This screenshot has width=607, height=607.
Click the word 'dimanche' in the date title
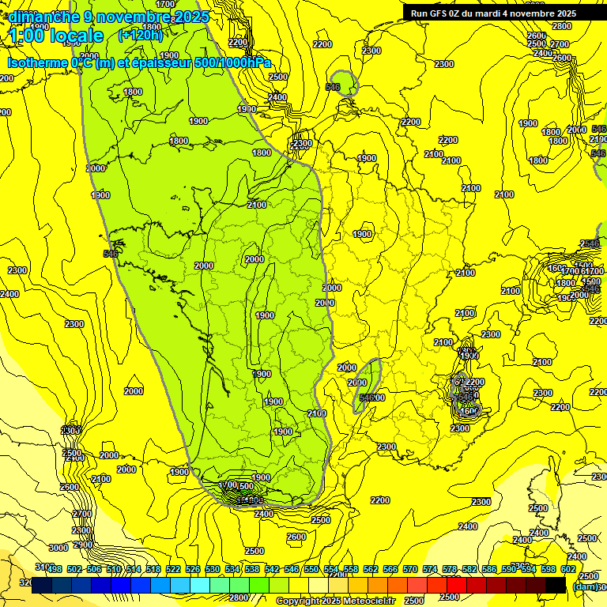43,17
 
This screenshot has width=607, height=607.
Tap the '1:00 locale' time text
56,36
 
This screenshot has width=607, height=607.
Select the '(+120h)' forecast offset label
140,35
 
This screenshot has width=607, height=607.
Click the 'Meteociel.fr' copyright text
362,601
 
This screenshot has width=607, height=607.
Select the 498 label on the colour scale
54,570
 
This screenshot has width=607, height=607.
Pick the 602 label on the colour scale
568,570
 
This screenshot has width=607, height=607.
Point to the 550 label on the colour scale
311,570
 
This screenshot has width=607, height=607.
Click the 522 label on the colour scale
173,570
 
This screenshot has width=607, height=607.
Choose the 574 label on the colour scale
430,570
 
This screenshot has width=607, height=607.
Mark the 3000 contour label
58,548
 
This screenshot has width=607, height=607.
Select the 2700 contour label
81,514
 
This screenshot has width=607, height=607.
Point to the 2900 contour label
82,545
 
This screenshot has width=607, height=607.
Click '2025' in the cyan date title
192,17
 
